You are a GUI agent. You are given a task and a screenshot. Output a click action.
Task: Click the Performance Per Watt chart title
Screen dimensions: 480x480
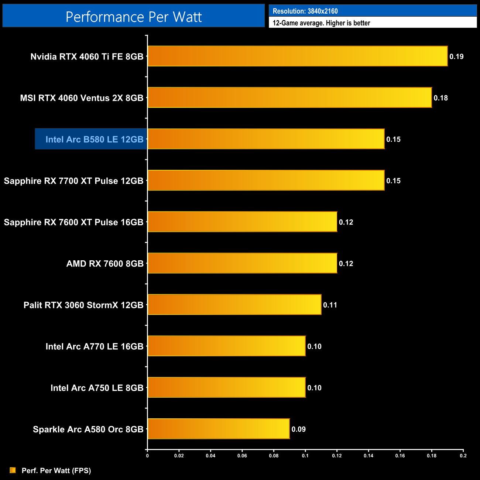pos(134,17)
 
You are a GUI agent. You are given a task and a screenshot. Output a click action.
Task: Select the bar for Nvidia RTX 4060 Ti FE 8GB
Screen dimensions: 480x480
pos(298,56)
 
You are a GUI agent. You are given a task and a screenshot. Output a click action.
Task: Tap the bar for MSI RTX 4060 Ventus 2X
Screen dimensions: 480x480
pos(290,97)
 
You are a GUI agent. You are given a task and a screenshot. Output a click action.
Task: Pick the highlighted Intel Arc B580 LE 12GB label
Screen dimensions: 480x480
pos(94,139)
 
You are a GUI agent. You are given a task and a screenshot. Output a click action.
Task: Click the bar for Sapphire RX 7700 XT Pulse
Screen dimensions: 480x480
pos(266,180)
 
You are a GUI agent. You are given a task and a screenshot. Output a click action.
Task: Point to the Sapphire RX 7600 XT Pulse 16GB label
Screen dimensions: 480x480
pos(73,222)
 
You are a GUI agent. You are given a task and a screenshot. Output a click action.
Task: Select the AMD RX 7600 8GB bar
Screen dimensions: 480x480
pos(243,263)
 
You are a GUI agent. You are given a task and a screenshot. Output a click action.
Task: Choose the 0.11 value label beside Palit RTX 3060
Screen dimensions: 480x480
pos(330,305)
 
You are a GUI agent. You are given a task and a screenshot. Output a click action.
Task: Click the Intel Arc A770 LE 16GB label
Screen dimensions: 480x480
pos(94,346)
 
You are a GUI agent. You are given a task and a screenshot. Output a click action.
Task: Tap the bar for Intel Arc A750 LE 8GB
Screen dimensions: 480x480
pos(227,387)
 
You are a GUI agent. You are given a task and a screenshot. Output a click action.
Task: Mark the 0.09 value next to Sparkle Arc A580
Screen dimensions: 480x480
pos(299,429)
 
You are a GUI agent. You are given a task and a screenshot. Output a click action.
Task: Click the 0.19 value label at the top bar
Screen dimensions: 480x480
pos(456,56)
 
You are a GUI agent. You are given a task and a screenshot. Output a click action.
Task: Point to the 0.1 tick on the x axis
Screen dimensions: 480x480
pos(305,456)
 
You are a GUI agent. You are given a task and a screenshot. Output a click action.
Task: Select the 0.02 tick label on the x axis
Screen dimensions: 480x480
pos(179,456)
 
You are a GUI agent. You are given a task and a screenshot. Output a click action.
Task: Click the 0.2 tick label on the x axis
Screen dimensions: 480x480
pos(463,456)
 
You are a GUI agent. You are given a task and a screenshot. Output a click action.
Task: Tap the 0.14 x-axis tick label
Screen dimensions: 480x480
pos(368,456)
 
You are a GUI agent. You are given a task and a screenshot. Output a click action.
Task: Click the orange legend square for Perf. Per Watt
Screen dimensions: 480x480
pos(13,470)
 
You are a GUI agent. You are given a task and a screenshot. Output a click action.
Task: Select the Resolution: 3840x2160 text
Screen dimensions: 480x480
pos(305,11)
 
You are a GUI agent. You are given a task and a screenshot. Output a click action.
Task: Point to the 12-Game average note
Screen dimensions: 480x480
pos(321,23)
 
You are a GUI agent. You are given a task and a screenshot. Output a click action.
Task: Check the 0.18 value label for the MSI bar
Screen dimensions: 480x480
pos(440,98)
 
